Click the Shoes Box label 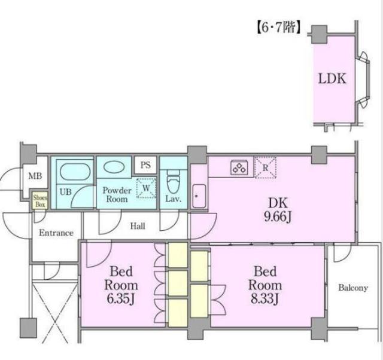point(40,201)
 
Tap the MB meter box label point(35,176)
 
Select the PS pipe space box point(145,165)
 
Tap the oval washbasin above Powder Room point(114,167)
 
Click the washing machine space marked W point(146,188)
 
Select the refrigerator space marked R point(265,167)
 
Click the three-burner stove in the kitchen point(239,167)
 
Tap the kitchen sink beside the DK point(199,196)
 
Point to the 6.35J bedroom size point(121,298)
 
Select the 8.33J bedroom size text point(265,298)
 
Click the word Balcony point(353,288)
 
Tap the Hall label point(138,226)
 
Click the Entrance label point(56,233)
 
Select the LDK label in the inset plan point(332,78)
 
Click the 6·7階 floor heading point(278,28)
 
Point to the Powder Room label point(117,194)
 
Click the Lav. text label point(174,199)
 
